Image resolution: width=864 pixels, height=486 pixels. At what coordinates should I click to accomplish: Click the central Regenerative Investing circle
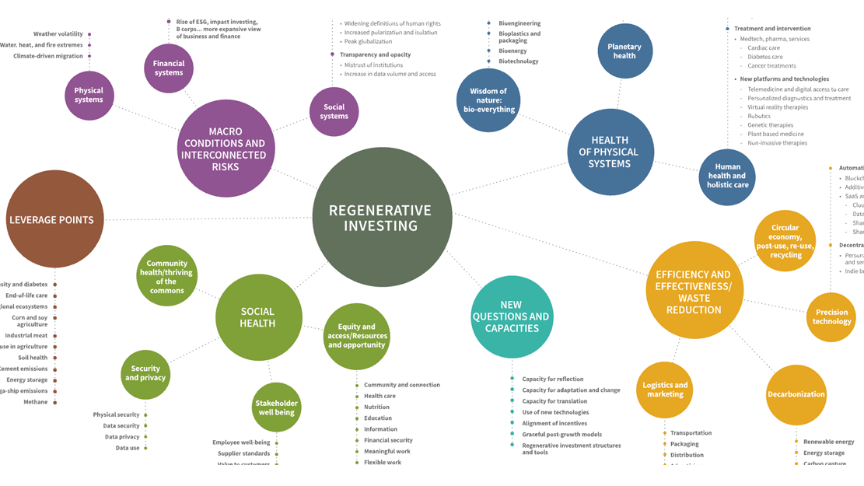tap(382, 217)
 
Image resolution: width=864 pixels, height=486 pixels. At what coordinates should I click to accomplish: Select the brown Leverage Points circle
tap(54, 219)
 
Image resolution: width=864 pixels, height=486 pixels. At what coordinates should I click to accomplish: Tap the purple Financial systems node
tap(169, 68)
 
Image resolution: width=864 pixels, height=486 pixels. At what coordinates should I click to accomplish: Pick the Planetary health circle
tap(624, 51)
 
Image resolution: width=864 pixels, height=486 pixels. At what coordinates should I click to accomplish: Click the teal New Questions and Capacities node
tap(511, 316)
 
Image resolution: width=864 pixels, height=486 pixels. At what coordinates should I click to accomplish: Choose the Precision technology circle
tap(831, 316)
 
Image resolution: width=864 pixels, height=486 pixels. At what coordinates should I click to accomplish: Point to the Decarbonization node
tap(796, 394)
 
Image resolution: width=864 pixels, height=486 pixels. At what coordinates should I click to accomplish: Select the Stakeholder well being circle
tap(276, 407)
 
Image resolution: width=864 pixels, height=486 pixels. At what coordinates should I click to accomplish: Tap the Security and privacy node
tap(145, 373)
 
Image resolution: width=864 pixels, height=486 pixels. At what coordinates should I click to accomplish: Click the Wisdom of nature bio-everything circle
tap(488, 100)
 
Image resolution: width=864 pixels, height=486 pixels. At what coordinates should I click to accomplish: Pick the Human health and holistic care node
tap(727, 176)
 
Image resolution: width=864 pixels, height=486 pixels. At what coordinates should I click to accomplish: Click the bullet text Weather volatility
tap(58, 34)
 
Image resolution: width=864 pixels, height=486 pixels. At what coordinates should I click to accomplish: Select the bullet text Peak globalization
tap(368, 41)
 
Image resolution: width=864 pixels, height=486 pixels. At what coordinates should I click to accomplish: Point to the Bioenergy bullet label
tap(512, 51)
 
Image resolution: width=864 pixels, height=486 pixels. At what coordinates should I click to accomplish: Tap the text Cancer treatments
tap(771, 66)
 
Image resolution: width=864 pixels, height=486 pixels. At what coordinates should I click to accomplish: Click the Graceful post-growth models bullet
tap(561, 434)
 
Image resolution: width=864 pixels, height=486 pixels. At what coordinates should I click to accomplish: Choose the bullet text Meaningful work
tap(387, 451)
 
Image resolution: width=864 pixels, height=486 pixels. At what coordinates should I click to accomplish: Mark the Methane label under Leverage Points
tap(35, 402)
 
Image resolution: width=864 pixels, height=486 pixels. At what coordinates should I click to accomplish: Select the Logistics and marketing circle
tap(665, 390)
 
